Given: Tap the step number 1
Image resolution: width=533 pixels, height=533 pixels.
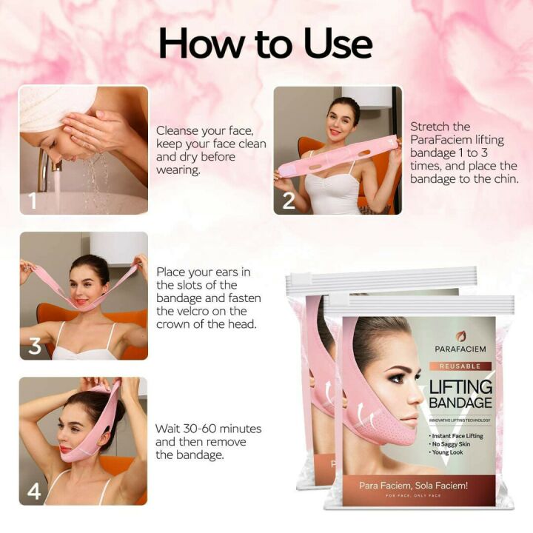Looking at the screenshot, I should coord(32,201).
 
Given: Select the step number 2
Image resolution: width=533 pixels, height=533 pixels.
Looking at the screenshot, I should coord(288,200).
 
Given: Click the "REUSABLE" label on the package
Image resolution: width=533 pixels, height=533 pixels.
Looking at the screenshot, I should coord(460,366).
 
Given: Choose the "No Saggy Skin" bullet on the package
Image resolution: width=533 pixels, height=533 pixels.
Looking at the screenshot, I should coord(452,444).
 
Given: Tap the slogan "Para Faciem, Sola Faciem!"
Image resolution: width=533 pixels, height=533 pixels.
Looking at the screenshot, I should coord(419,484).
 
